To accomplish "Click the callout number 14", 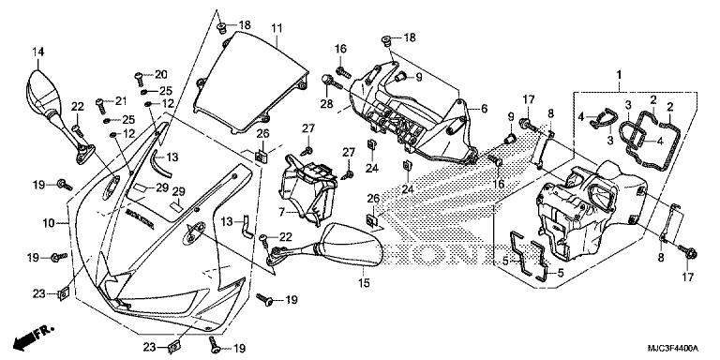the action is [x=38, y=52].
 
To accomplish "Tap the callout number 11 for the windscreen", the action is [x=276, y=28].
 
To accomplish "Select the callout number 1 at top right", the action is [x=619, y=74].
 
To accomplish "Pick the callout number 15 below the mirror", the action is [x=364, y=284].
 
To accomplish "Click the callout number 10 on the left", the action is [x=49, y=224].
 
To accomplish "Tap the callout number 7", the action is [x=282, y=212].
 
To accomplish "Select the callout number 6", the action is [x=485, y=109].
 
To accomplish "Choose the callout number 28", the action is [x=326, y=104].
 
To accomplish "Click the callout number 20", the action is [x=161, y=74].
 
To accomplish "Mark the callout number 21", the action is [x=120, y=100].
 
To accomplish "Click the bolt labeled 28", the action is [x=330, y=81].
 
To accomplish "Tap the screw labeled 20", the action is [x=138, y=80].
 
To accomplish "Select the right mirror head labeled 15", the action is [x=352, y=245].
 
